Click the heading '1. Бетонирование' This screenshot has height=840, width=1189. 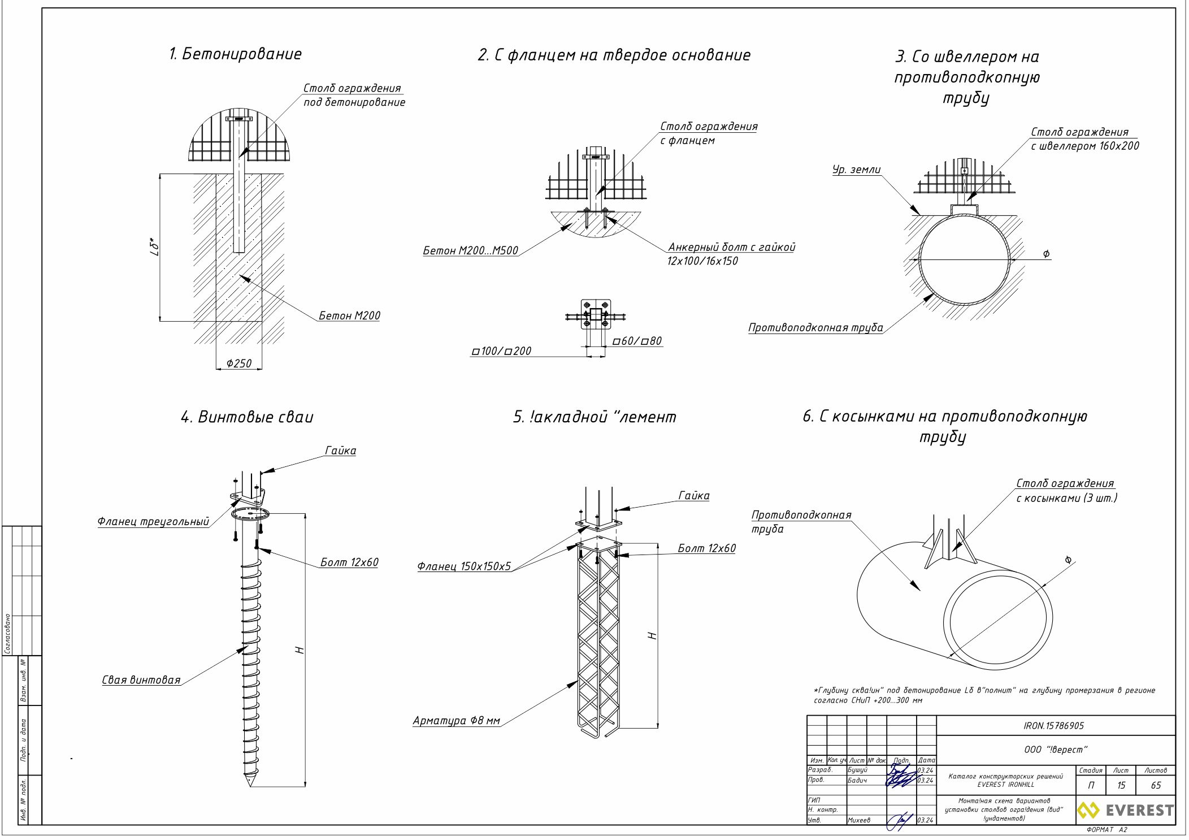tap(235, 54)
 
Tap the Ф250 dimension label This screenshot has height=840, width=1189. tap(238, 363)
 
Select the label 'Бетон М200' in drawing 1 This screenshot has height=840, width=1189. tap(349, 315)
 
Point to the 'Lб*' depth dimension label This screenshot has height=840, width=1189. tap(155, 246)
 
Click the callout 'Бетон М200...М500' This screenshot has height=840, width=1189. tap(470, 250)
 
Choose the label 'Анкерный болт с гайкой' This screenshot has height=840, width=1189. tap(731, 247)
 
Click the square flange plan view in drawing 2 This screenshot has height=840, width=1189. tap(596, 314)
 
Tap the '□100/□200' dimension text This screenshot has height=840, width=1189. tap(501, 351)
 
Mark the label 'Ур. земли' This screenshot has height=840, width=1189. tap(856, 170)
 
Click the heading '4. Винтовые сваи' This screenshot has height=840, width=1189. tap(247, 417)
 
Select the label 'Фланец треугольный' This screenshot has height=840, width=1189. tap(153, 522)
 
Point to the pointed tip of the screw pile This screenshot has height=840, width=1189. tap(249, 783)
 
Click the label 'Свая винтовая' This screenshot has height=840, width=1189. tap(141, 680)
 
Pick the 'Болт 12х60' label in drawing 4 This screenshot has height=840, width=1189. tap(349, 562)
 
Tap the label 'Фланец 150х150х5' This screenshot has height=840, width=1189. tap(463, 566)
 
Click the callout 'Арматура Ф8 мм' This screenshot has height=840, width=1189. tap(456, 721)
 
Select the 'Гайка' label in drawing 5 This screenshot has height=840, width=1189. tap(693, 496)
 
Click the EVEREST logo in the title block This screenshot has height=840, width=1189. tap(1125, 811)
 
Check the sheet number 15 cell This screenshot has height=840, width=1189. tap(1121, 785)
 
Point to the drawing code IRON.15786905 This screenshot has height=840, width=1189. tap(1053, 726)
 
